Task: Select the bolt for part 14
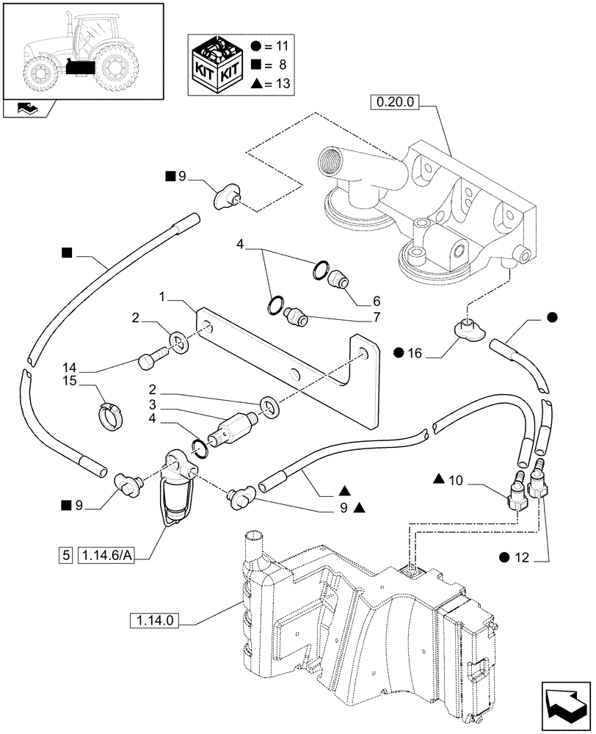tap(149, 359)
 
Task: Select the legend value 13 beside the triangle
tap(280, 84)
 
